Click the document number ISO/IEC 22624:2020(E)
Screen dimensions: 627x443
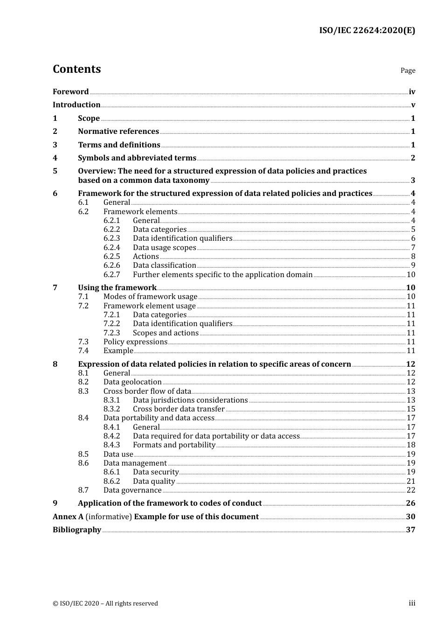(367, 31)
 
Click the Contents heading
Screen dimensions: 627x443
(76, 69)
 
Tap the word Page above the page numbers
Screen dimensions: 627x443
(408, 70)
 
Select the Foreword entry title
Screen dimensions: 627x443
(70, 92)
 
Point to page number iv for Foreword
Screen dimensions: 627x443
(412, 92)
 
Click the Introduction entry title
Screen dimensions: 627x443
(76, 105)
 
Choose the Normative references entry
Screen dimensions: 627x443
(118, 132)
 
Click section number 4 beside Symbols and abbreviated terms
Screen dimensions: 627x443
(55, 158)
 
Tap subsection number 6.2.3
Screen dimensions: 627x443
(111, 238)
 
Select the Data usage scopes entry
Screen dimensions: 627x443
(164, 248)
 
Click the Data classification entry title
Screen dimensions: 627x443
(164, 265)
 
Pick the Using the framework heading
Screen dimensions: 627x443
(117, 288)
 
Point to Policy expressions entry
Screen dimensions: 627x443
(135, 342)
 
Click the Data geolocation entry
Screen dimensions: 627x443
(132, 382)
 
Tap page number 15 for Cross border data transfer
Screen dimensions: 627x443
(411, 409)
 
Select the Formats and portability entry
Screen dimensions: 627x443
(174, 445)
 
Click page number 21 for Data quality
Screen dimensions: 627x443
(411, 481)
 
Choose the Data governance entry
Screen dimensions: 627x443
(132, 490)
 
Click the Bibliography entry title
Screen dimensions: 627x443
(77, 530)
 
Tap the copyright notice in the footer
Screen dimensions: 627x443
(105, 604)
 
